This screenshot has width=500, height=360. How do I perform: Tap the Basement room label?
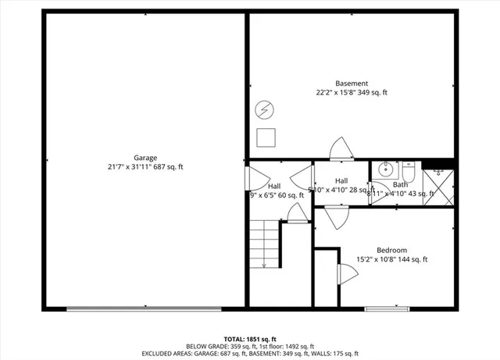click(352, 84)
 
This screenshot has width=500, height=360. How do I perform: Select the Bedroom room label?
click(392, 250)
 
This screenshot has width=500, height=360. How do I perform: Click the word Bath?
click(400, 184)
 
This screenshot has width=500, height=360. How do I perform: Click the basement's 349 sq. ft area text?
click(372, 92)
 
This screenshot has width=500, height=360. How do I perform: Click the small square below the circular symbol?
click(266, 137)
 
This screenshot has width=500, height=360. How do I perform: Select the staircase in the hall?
click(266, 244)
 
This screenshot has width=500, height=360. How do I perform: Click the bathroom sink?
click(385, 169)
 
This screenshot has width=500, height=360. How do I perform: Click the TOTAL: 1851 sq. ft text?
click(249, 339)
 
